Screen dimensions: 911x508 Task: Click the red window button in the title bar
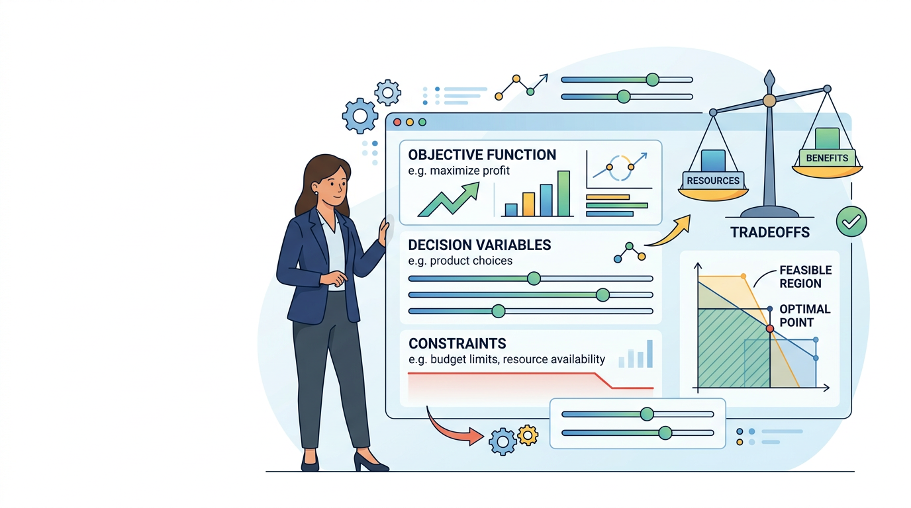point(397,122)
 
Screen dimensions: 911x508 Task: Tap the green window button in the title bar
point(422,122)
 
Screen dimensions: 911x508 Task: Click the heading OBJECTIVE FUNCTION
point(482,155)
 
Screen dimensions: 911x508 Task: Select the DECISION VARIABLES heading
point(479,245)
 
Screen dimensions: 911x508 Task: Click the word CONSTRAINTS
point(457,344)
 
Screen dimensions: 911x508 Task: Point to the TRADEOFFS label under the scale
point(770,232)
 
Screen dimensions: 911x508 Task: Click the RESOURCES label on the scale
point(713,181)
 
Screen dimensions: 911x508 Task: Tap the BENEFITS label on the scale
point(827,158)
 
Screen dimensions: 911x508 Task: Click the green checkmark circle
point(851,222)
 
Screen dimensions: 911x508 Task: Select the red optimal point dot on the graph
point(770,328)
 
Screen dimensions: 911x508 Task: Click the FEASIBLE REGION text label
point(805,276)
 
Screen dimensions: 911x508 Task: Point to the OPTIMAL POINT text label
point(804,316)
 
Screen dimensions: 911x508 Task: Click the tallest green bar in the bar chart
point(563,193)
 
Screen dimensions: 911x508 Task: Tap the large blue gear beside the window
point(360,116)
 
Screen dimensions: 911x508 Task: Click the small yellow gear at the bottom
point(528,436)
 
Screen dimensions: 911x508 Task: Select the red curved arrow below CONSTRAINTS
point(446,431)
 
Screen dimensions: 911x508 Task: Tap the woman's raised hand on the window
point(385,231)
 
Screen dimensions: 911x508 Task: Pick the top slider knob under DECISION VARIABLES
point(534,278)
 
